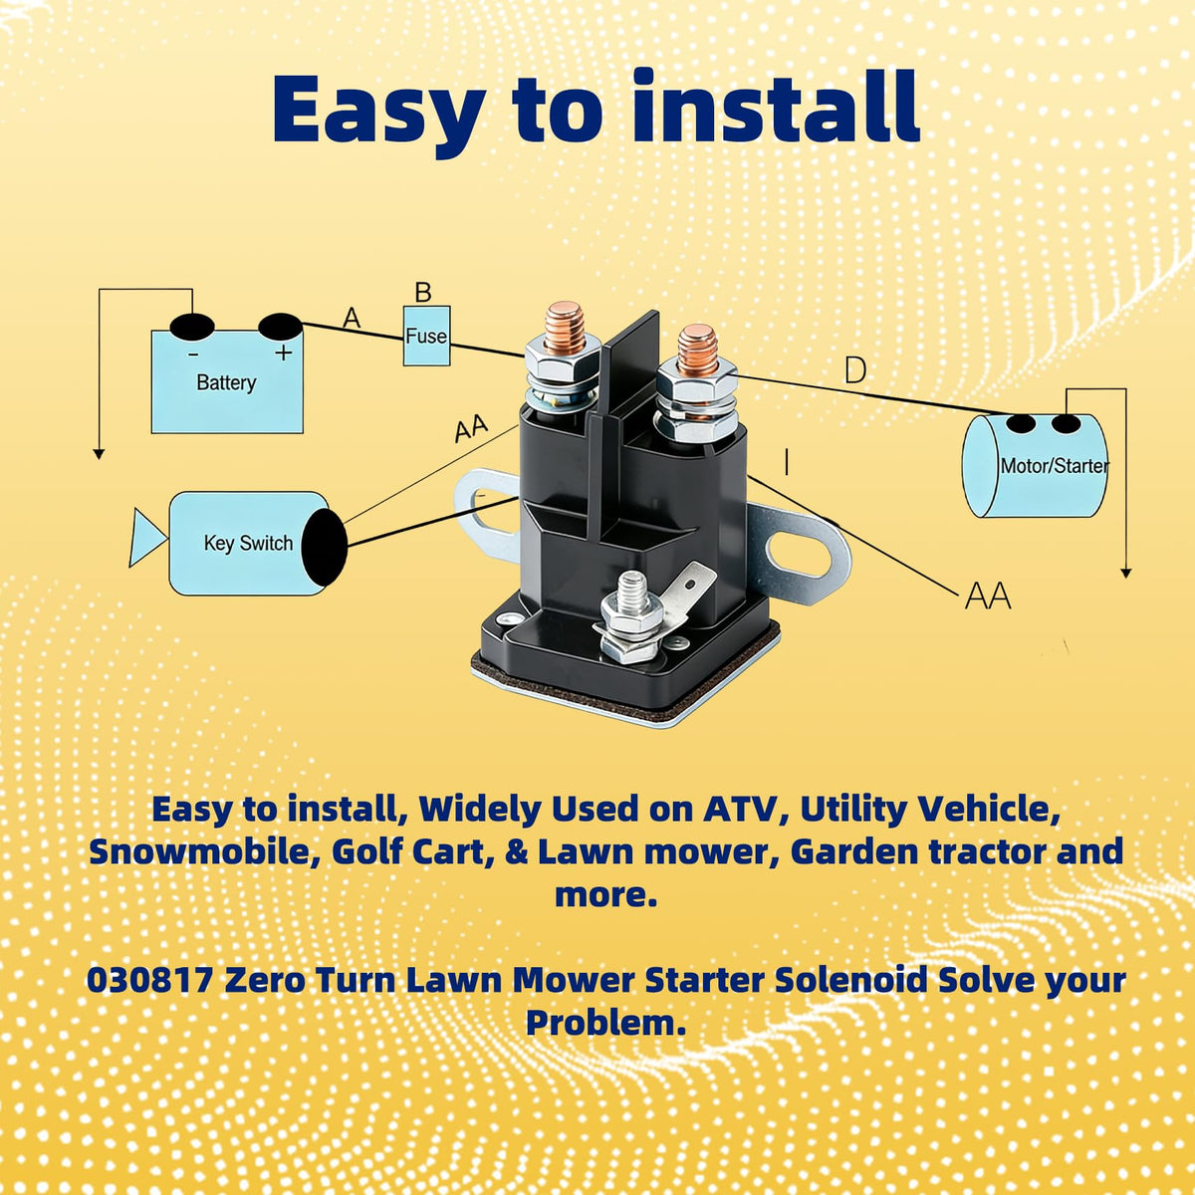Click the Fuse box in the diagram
(426, 336)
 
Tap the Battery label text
(226, 382)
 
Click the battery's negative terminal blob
(192, 328)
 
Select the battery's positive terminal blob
(280, 327)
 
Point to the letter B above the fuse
(423, 292)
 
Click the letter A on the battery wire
(352, 318)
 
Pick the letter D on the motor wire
(855, 370)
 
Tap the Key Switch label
(248, 544)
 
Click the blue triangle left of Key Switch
(146, 538)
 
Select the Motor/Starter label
(1055, 465)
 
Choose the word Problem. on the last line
(605, 1024)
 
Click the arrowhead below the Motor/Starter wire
(1126, 573)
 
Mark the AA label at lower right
(988, 597)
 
